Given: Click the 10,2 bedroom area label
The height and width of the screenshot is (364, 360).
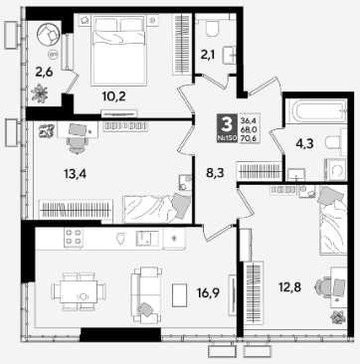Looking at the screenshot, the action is (114, 96).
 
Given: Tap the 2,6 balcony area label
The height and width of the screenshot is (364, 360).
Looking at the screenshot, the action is (44, 72).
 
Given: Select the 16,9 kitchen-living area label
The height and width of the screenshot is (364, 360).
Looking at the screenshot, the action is (209, 292).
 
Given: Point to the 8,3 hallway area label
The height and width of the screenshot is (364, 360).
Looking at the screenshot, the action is (215, 173).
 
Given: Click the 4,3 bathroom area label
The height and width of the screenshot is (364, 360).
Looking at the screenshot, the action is (305, 144).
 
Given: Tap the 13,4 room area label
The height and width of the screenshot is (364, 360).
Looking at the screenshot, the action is (75, 173).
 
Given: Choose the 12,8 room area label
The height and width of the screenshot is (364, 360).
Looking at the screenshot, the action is (289, 287).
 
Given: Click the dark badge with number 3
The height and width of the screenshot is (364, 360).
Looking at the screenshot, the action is (227, 128).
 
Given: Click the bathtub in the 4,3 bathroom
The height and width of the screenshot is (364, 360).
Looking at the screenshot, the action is (316, 110).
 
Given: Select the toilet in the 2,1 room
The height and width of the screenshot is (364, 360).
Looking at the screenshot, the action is (212, 28).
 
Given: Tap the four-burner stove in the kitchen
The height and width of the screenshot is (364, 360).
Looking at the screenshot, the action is (74, 238).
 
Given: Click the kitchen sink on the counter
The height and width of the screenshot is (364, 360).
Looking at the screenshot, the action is (147, 239).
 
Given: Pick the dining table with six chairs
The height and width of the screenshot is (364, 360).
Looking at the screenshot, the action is (79, 291).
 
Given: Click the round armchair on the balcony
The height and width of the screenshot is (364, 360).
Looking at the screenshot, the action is (49, 34).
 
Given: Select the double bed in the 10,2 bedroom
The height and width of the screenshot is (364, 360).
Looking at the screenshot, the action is (118, 50).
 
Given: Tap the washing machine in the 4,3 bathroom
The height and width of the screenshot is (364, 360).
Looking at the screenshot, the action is (335, 170).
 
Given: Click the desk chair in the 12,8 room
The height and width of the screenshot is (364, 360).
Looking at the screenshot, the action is (323, 287).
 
